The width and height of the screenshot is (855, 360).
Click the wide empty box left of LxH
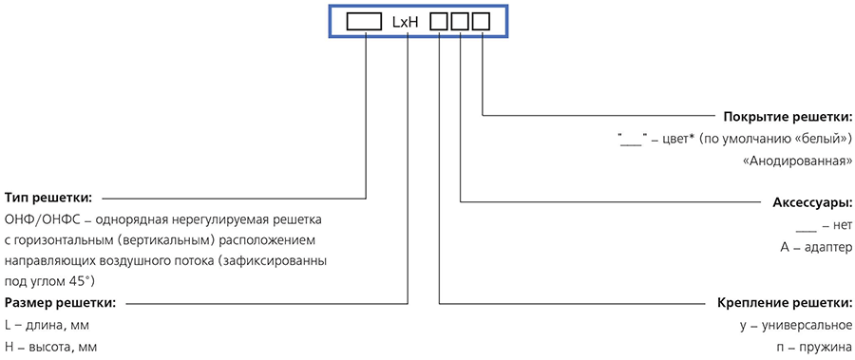click(x=365, y=21)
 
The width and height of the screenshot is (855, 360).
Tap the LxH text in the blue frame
click(x=405, y=22)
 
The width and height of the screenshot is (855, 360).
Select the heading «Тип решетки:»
click(x=48, y=197)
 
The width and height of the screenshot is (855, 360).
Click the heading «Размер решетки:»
click(x=60, y=302)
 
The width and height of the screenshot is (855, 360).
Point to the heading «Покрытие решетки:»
click(x=788, y=116)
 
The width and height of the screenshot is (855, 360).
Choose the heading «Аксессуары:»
click(x=812, y=203)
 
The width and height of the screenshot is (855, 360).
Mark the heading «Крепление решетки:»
click(x=785, y=303)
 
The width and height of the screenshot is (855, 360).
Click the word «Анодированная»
click(x=799, y=161)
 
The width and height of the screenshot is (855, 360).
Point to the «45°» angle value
click(x=84, y=282)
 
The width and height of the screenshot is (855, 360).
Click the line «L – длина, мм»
click(x=47, y=326)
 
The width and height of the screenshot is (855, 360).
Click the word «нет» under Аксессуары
click(x=842, y=225)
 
